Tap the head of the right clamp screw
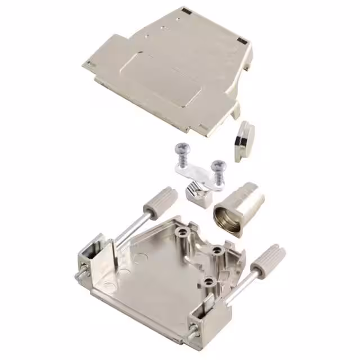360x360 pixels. (218, 165)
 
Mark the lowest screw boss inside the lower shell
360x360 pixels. (209, 281)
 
